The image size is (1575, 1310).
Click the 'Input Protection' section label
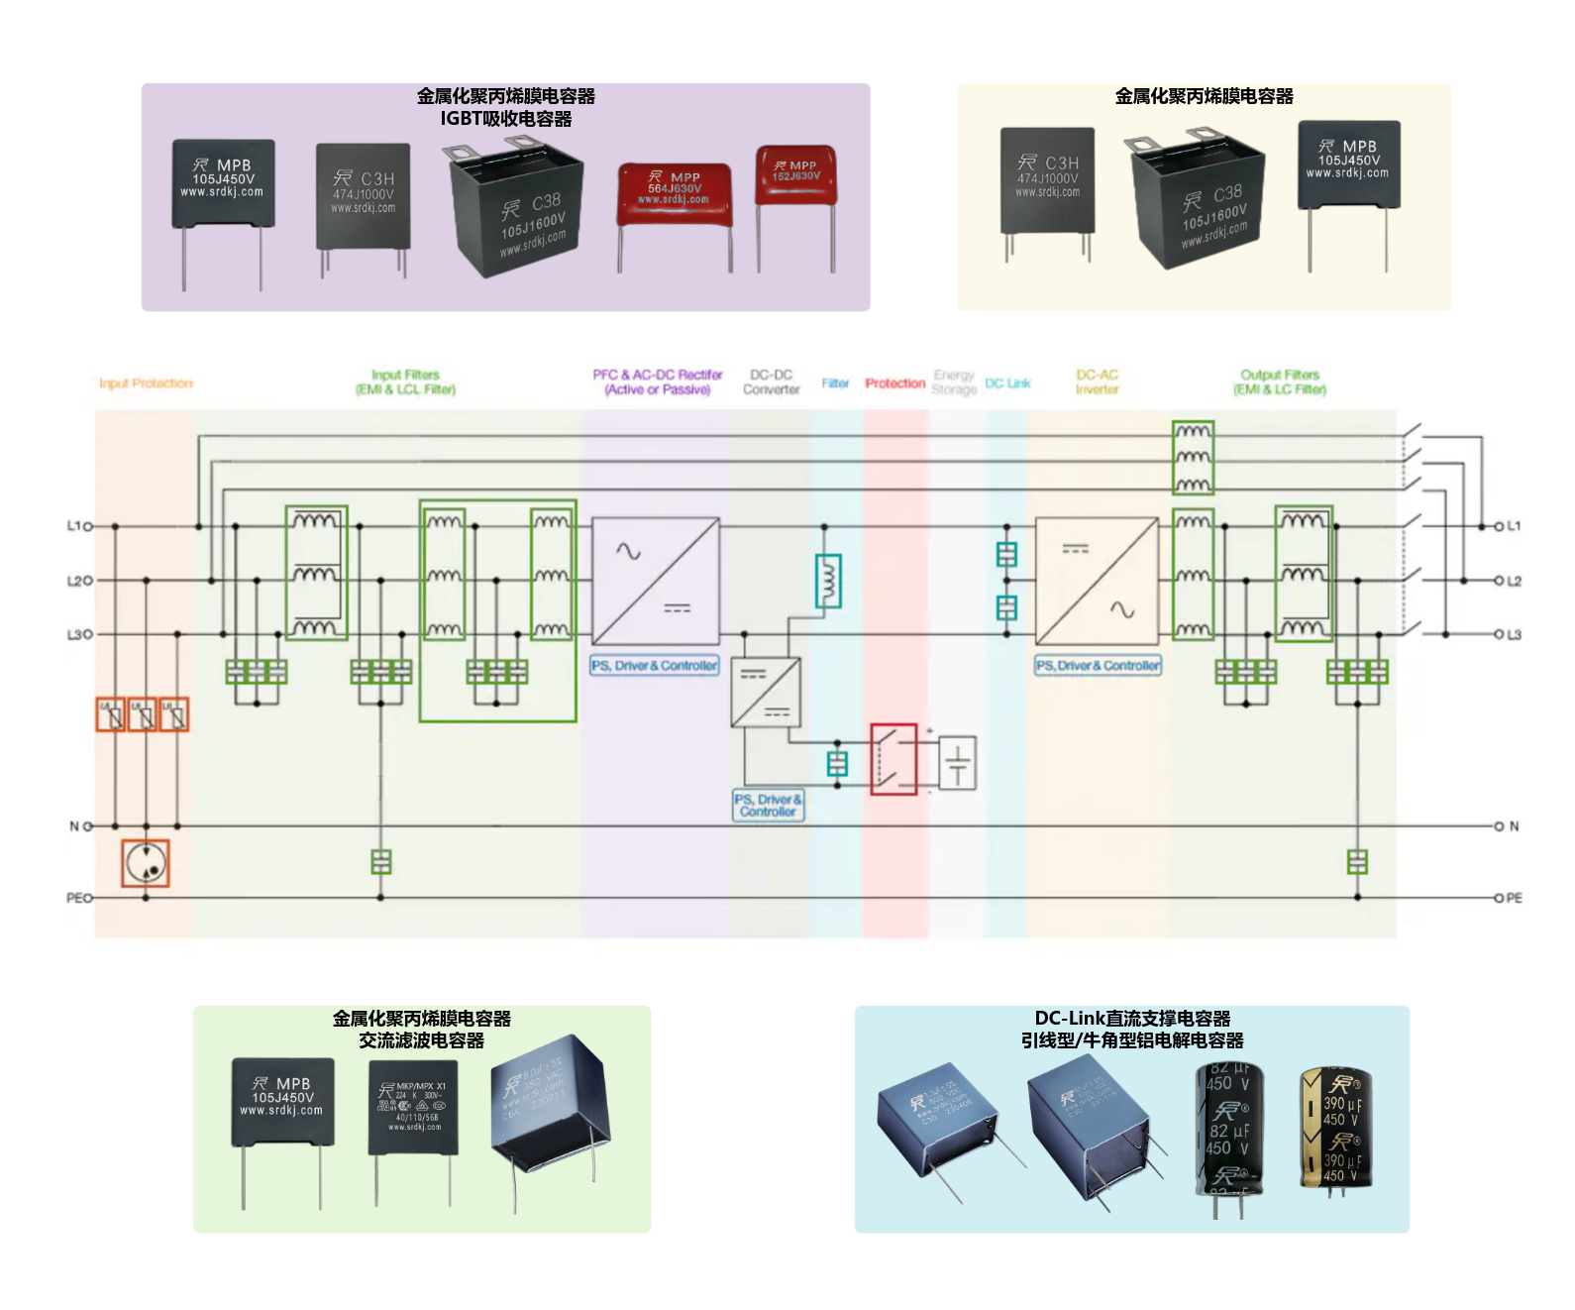146,383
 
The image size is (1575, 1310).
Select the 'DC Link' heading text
1007,383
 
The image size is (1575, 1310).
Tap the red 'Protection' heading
894,383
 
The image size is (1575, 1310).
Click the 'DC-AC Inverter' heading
1097,382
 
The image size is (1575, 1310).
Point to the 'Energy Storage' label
954,382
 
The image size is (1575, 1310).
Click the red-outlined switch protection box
893,759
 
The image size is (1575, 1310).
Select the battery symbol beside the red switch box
957,763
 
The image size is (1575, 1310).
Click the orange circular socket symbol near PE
146,863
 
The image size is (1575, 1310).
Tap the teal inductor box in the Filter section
828,581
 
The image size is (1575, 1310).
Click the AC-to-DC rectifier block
656,582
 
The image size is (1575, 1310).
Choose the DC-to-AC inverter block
1097,582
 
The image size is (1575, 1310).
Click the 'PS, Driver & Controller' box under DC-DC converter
768,805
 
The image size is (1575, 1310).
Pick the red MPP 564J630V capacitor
675,198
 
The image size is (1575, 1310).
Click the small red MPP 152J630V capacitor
795,178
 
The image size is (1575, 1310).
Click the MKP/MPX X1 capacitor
414,1108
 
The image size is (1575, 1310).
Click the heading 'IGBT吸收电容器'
506,119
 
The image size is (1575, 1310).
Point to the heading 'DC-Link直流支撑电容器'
1132,1019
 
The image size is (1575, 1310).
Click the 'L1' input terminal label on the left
73,526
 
